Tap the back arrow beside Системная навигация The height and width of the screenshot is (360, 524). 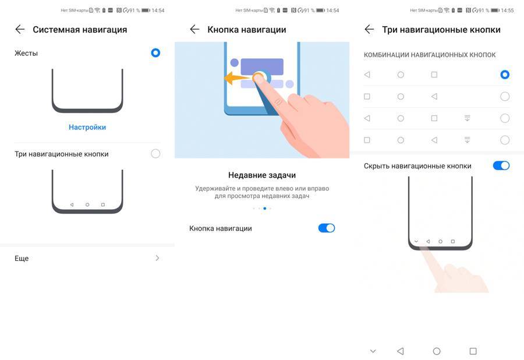(20, 29)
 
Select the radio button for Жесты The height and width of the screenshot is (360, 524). (155, 53)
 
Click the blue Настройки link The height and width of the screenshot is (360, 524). (87, 128)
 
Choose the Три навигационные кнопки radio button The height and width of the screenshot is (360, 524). (155, 154)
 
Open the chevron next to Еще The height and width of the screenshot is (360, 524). (157, 258)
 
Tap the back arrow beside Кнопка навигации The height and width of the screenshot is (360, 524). (194, 29)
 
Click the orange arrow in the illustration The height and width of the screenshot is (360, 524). (238, 79)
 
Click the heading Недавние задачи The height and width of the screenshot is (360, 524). (262, 175)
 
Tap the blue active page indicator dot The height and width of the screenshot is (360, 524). (265, 208)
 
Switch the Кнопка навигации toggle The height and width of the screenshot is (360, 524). (327, 228)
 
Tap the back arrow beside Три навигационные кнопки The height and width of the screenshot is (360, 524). (369, 29)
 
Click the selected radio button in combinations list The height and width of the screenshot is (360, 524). (505, 75)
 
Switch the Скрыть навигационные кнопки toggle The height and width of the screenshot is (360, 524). (501, 165)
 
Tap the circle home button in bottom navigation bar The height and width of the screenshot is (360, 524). (437, 351)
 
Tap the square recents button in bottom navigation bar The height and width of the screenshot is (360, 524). (473, 351)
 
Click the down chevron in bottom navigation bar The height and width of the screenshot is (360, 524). (373, 351)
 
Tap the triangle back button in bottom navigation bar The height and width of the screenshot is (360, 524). (401, 351)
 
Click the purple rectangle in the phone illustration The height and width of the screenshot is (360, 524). (262, 66)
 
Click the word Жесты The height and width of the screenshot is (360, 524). (26, 53)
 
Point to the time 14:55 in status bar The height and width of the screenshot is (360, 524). (507, 10)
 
